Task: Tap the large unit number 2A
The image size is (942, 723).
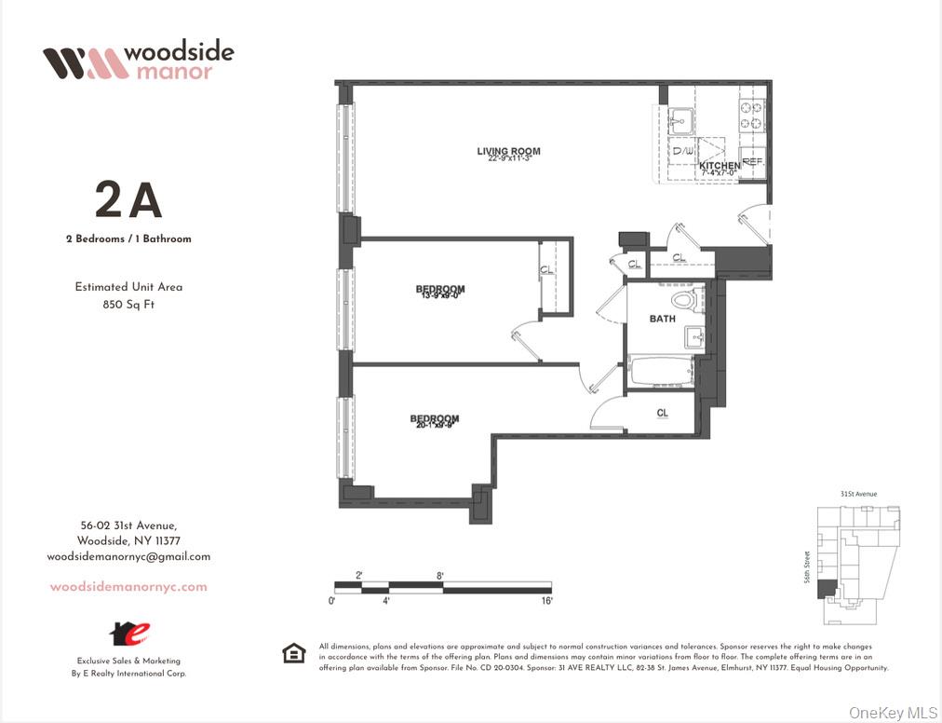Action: (x=128, y=200)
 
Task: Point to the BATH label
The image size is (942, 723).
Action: (x=663, y=319)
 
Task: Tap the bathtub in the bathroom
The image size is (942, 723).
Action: (x=661, y=370)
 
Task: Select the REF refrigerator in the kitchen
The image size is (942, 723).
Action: (x=752, y=160)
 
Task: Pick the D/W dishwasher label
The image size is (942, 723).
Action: (x=682, y=151)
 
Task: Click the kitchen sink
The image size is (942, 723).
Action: (x=680, y=120)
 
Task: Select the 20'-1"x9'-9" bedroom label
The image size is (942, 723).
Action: (x=435, y=419)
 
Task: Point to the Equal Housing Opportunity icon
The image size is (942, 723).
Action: (x=293, y=654)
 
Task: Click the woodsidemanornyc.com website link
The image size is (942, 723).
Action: (x=128, y=587)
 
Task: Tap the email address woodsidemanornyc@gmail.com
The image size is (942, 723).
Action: (x=128, y=556)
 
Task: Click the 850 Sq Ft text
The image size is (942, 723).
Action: (x=128, y=304)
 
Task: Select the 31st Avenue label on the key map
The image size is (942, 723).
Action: (x=858, y=494)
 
